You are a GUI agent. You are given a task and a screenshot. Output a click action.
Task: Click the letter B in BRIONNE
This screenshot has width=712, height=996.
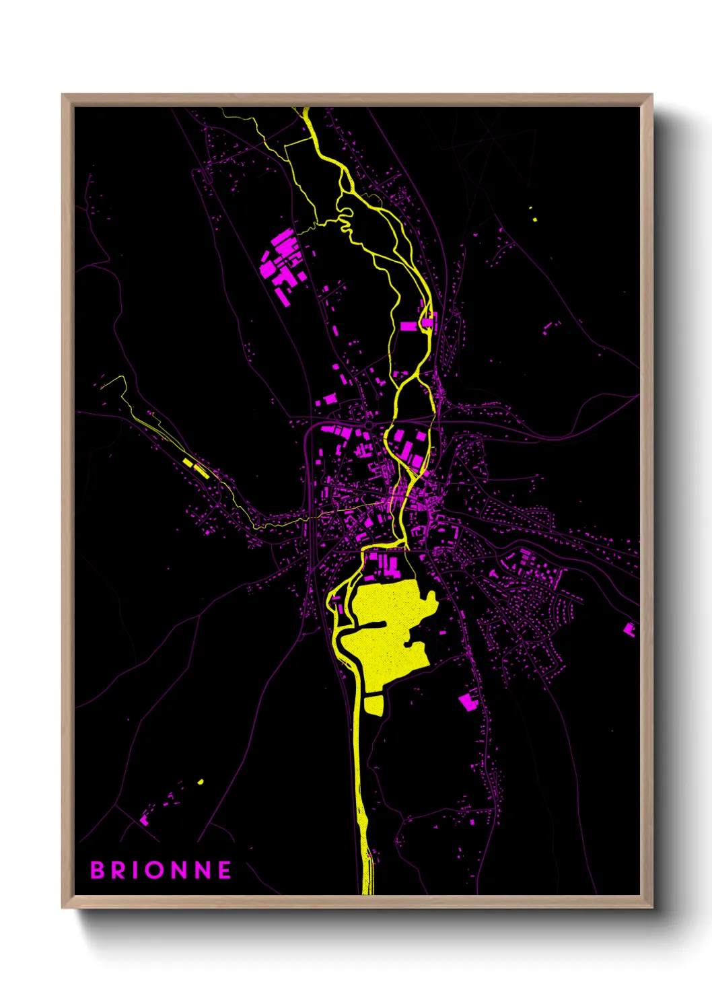pos(98,870)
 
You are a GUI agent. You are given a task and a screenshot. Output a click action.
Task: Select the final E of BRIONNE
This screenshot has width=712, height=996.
pos(225,870)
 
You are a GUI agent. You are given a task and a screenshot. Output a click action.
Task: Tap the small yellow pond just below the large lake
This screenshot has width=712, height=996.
pos(373,705)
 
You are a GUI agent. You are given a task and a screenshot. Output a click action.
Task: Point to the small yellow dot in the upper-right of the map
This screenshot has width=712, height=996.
pos(534,218)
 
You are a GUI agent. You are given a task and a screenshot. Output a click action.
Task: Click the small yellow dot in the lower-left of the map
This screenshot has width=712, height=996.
pos(201,781)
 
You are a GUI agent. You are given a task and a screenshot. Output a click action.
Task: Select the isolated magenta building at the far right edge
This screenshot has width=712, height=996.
pos(629,629)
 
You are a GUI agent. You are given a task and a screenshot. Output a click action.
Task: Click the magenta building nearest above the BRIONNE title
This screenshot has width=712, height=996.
pos(144,820)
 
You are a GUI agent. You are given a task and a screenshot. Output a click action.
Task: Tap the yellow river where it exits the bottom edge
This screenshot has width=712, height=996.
pos(367,887)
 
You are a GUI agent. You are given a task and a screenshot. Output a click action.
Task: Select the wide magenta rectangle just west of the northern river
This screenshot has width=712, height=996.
pos(408,326)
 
